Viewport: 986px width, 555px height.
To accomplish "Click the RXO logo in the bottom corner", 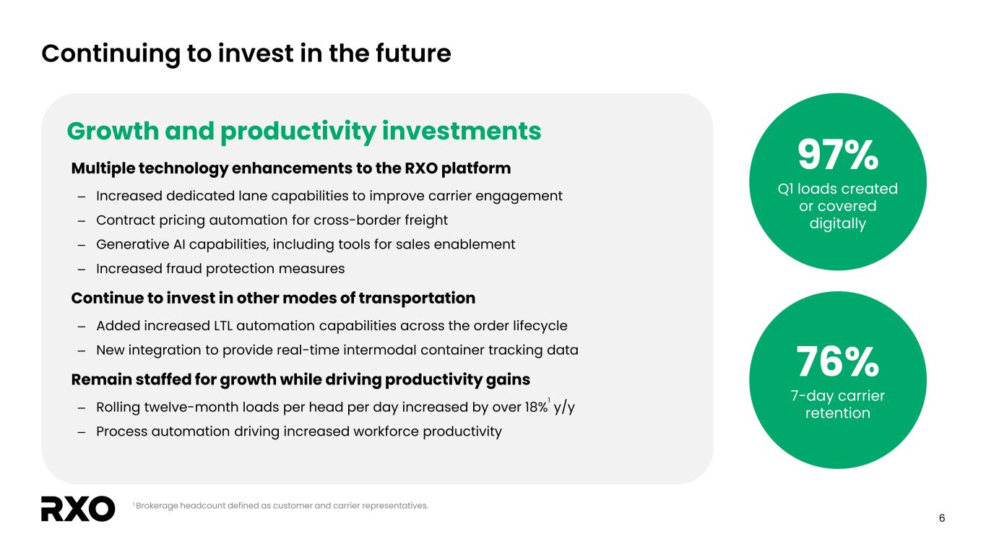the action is pos(78,509).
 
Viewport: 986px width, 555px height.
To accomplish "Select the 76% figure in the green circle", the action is pos(838,361).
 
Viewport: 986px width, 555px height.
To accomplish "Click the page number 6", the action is pos(941,518).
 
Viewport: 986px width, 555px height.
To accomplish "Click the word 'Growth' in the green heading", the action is pos(113,131).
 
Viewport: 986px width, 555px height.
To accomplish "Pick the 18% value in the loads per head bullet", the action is pos(536,407).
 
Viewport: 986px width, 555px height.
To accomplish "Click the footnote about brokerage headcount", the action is pos(280,506).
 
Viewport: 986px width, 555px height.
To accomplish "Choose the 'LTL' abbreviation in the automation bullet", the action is pos(222,326).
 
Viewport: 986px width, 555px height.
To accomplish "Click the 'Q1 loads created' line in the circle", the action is pos(838,189).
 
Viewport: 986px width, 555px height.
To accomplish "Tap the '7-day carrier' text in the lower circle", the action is pos(838,395).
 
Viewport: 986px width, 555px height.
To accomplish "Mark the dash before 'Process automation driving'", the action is pos(82,431).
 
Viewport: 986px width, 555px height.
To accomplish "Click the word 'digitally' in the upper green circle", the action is pos(838,223).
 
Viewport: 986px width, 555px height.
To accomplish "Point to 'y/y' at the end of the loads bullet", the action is pos(564,408).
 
